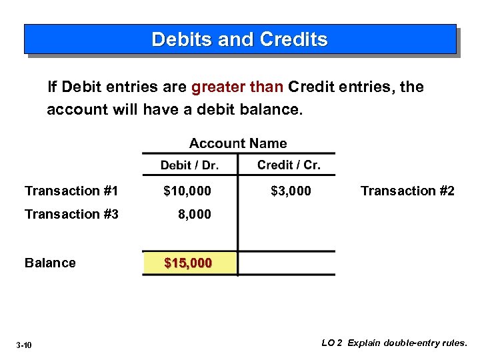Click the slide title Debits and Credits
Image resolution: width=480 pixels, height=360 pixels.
(x=240, y=39)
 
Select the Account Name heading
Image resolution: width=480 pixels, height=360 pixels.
(x=238, y=143)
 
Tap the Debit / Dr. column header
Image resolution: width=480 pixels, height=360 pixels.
(x=189, y=165)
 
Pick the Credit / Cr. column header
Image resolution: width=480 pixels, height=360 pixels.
(x=289, y=165)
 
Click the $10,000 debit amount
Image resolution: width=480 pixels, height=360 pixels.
(x=187, y=191)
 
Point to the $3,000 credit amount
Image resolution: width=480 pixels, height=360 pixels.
(x=291, y=191)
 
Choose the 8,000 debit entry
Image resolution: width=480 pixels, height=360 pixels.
(x=193, y=214)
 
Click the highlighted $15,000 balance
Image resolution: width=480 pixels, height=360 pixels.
(x=188, y=263)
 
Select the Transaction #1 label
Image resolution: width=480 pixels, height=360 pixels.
(x=71, y=191)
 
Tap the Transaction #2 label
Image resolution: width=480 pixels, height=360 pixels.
(x=407, y=191)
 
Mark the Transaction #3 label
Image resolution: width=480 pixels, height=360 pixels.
(x=71, y=214)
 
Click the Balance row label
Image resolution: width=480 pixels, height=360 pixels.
(x=50, y=263)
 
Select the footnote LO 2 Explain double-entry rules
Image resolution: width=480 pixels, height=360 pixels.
(x=395, y=343)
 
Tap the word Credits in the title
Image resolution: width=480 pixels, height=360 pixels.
(x=294, y=39)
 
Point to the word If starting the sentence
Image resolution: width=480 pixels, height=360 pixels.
(x=52, y=87)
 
